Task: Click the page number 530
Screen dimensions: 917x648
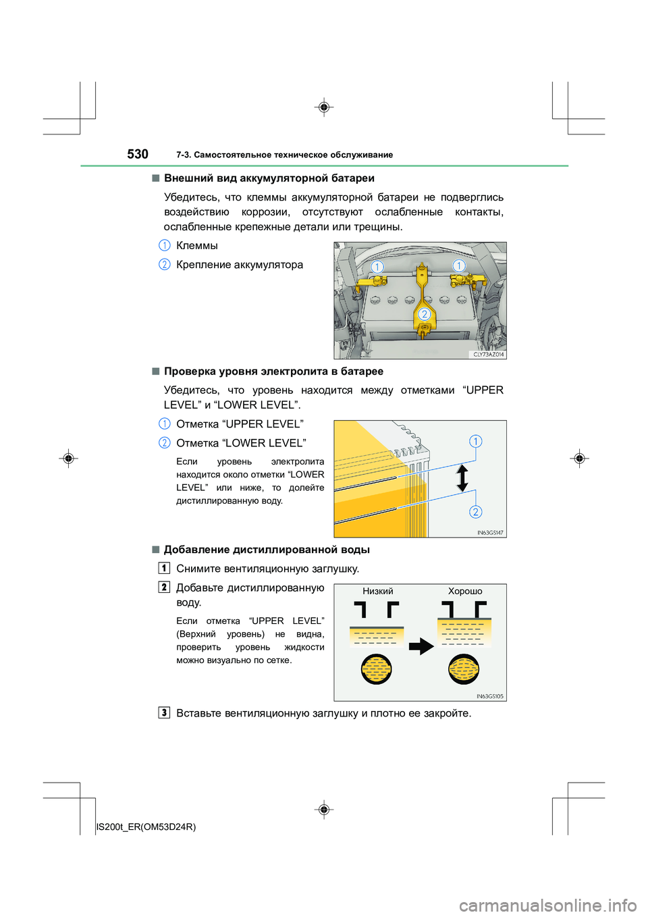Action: click(138, 154)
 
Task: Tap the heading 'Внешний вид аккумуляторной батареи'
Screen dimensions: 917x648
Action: click(269, 178)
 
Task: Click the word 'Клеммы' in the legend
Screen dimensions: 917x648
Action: click(197, 245)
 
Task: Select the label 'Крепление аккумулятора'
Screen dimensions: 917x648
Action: click(240, 265)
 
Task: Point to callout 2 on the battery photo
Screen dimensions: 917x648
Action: click(425, 314)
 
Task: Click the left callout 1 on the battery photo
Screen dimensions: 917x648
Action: click(377, 267)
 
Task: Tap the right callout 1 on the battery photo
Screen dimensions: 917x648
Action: click(459, 265)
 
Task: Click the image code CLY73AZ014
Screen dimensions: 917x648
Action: click(489, 355)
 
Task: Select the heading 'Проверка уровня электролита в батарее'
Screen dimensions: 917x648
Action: click(273, 371)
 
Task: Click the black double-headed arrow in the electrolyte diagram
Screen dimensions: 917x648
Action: click(462, 477)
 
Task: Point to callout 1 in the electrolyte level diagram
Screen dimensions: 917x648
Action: click(476, 441)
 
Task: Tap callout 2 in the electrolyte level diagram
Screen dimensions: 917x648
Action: click(476, 512)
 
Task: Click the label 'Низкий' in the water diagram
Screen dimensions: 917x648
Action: click(378, 592)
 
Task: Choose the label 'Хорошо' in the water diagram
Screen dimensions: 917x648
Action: click(465, 592)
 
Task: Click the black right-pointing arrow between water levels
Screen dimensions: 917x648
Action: click(422, 646)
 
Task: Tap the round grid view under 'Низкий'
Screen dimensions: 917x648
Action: click(377, 669)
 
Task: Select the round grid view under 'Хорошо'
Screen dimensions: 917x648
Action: click(464, 669)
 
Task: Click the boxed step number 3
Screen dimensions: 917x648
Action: click(164, 713)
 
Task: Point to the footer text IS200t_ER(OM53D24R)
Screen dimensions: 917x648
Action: click(146, 827)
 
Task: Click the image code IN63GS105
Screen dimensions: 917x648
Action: click(490, 696)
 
